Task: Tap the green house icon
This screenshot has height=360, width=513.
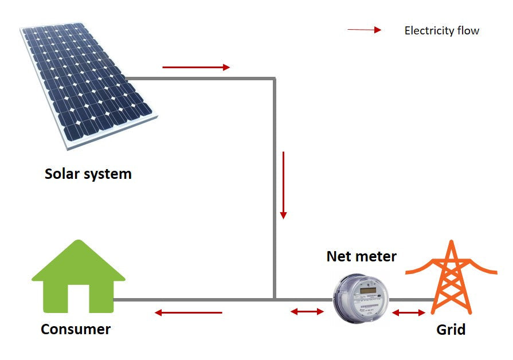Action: (x=79, y=275)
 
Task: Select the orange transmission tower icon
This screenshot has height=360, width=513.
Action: (x=451, y=278)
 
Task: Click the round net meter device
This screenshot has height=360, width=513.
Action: (x=361, y=298)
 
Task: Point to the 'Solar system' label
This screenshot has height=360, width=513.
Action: (x=88, y=174)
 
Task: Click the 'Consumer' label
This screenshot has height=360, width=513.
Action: (x=76, y=330)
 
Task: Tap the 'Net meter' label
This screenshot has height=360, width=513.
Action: (x=361, y=256)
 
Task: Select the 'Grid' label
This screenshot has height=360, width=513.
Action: (x=451, y=330)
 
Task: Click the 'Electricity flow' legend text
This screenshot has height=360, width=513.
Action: (x=441, y=31)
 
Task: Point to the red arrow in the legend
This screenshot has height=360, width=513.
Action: (x=364, y=30)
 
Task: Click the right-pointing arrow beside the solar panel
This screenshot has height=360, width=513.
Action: (x=196, y=67)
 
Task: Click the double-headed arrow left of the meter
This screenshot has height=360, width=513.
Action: (x=307, y=312)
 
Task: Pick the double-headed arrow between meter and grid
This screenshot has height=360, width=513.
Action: (x=409, y=312)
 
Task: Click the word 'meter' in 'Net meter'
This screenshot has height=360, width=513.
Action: (x=375, y=256)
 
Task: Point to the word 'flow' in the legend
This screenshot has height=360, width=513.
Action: (x=468, y=31)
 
